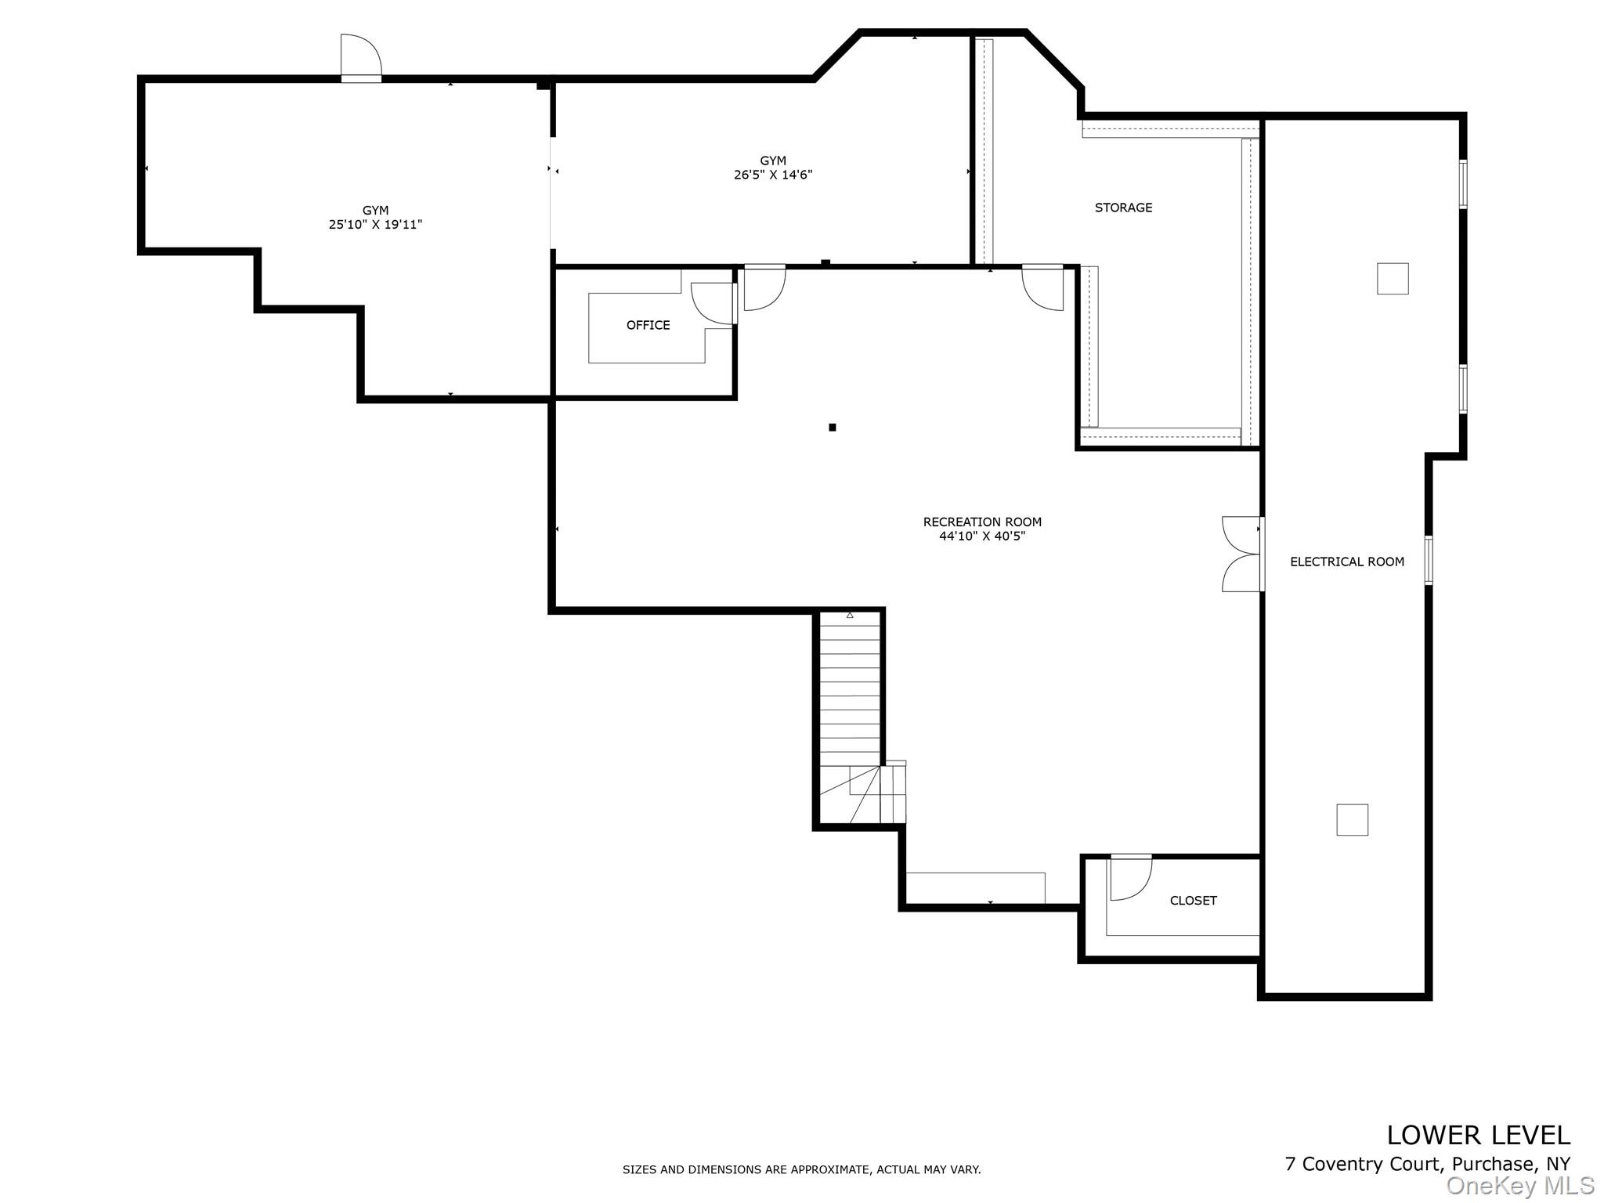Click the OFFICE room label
pyautogui.click(x=648, y=325)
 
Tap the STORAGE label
pyautogui.click(x=1123, y=208)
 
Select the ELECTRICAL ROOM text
pyautogui.click(x=1347, y=562)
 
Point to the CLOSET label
pyautogui.click(x=1193, y=901)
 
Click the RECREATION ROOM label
pyautogui.click(x=982, y=522)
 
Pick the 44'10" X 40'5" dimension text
pyautogui.click(x=982, y=536)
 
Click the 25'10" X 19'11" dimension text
pyautogui.click(x=375, y=225)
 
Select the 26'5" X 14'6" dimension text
pyautogui.click(x=773, y=175)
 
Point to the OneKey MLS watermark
pyautogui.click(x=1520, y=1186)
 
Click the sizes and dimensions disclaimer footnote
pyautogui.click(x=801, y=1169)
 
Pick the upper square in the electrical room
pyautogui.click(x=1393, y=279)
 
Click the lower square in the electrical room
pyautogui.click(x=1352, y=820)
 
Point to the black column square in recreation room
pyautogui.click(x=833, y=428)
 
